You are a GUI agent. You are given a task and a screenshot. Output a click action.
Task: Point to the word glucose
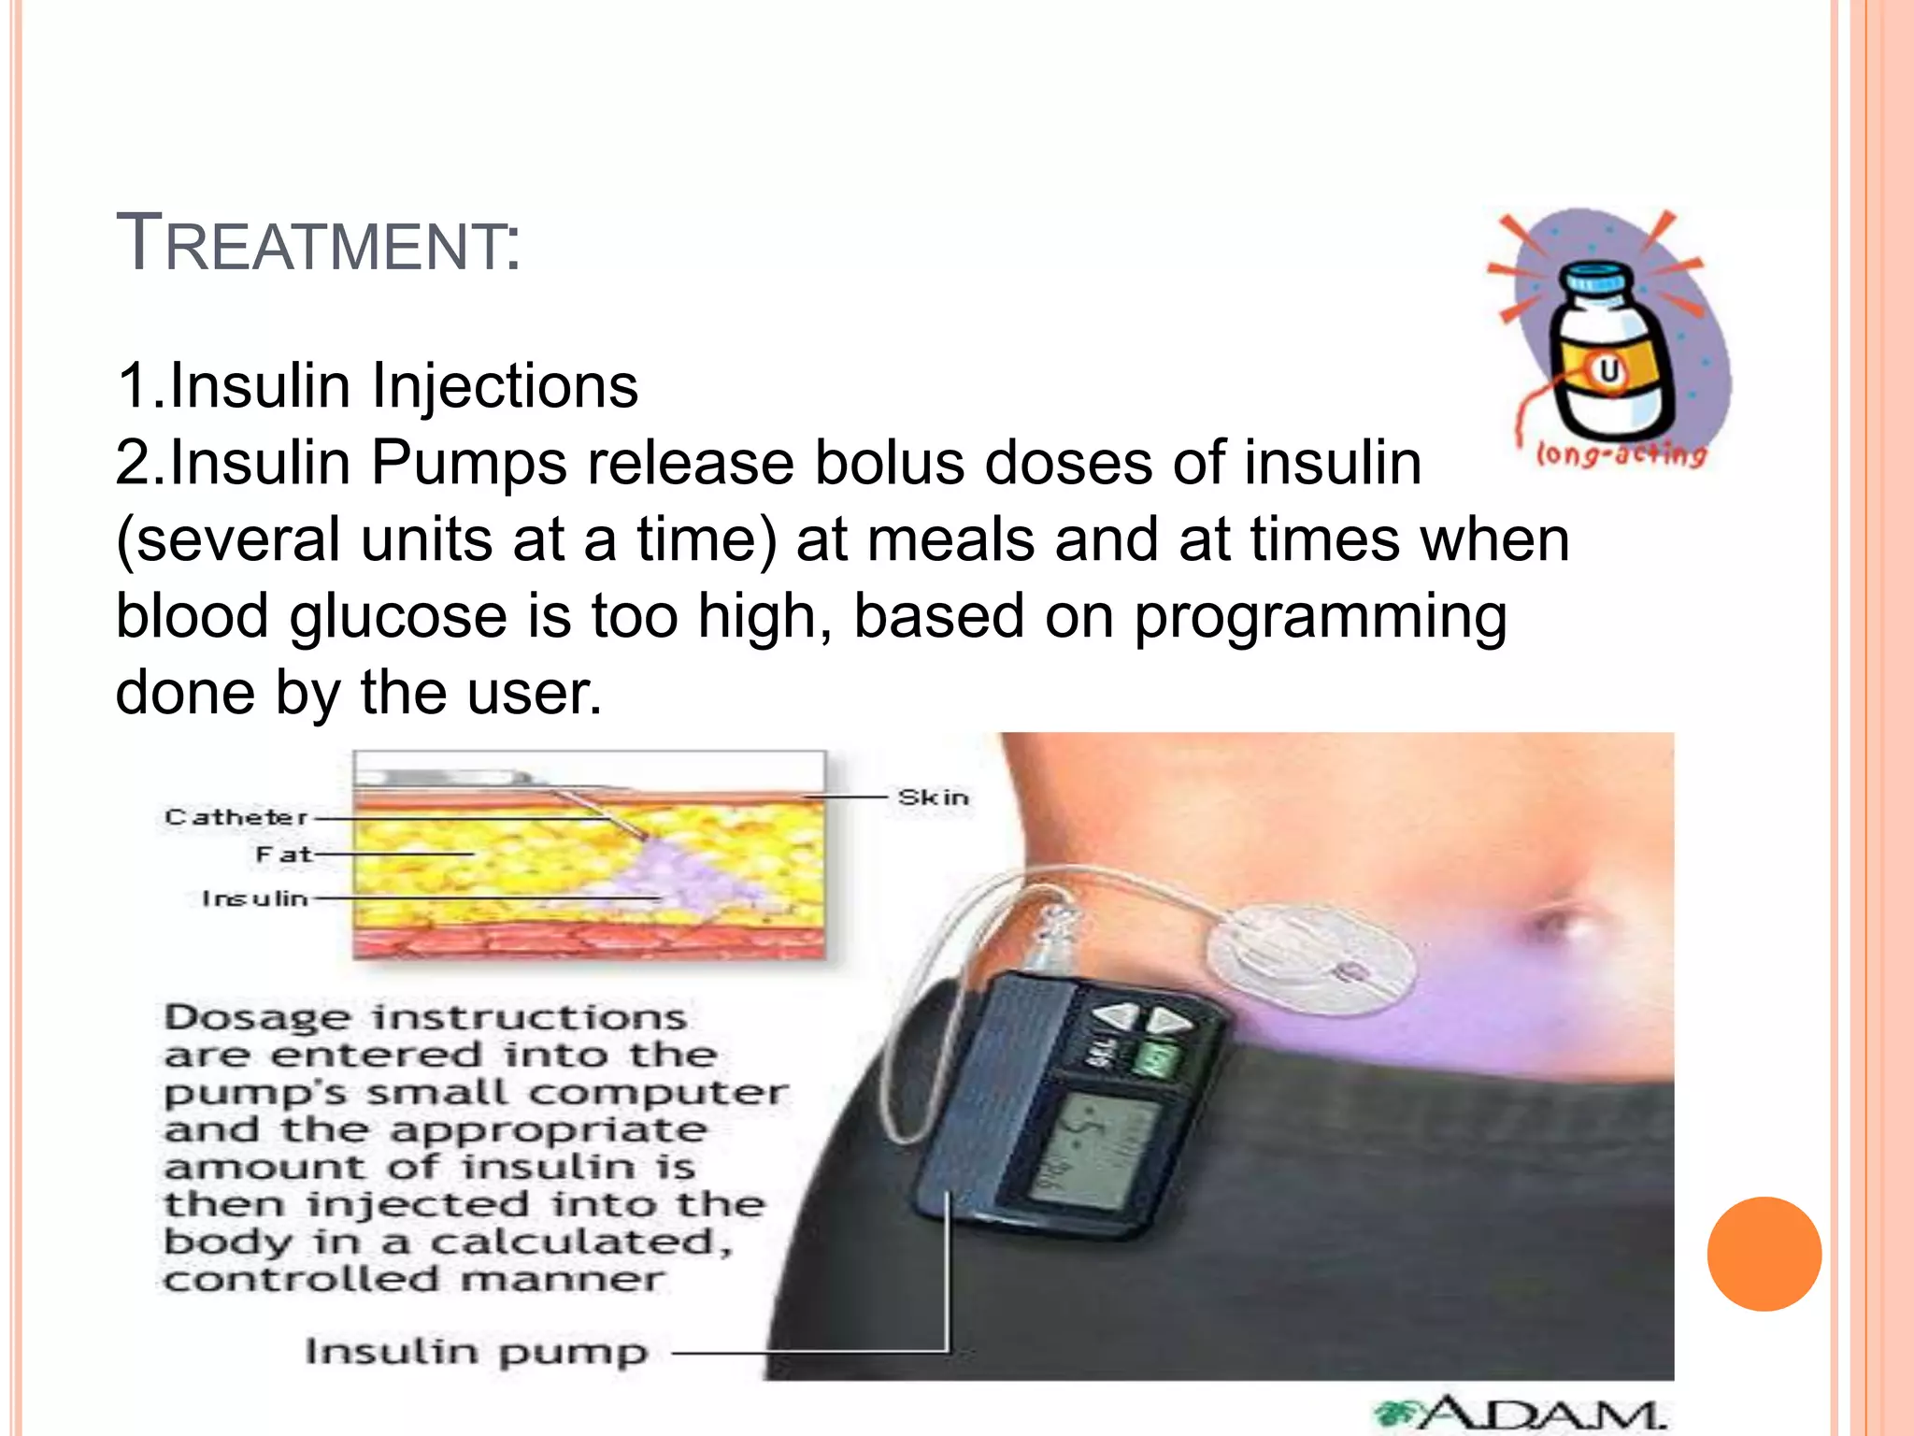[x=397, y=617]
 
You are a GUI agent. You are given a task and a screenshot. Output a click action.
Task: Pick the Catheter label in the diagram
[x=236, y=817]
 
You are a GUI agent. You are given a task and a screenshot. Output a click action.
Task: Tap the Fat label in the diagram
[x=283, y=854]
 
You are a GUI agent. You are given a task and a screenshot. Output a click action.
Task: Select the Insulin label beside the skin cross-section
[x=254, y=898]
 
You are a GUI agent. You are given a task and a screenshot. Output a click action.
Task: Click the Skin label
[x=933, y=797]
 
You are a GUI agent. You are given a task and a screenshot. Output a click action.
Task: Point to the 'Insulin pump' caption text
[x=476, y=1352]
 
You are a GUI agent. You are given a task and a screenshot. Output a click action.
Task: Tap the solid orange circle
[x=1764, y=1254]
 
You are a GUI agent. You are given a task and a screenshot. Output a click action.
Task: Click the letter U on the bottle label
[x=1608, y=371]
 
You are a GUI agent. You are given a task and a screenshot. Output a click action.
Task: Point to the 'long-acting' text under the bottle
[x=1621, y=455]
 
